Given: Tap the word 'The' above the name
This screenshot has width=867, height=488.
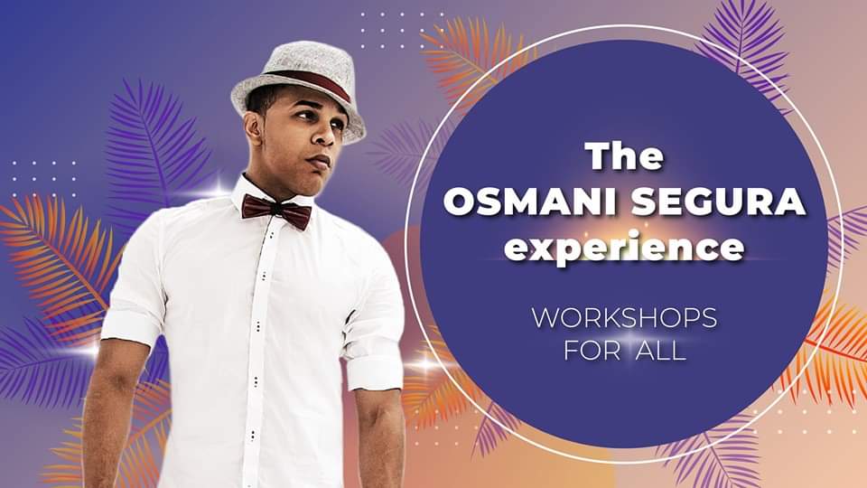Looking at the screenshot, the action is (x=624, y=156).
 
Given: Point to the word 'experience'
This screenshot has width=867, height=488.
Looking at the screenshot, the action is (x=624, y=248).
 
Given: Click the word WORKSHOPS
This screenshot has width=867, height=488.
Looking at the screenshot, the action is (x=624, y=317).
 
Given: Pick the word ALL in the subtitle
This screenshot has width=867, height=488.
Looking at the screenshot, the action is (x=661, y=351).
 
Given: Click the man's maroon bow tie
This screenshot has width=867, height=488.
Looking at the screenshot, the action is (x=276, y=211).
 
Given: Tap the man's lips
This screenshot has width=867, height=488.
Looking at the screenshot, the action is (x=320, y=162).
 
